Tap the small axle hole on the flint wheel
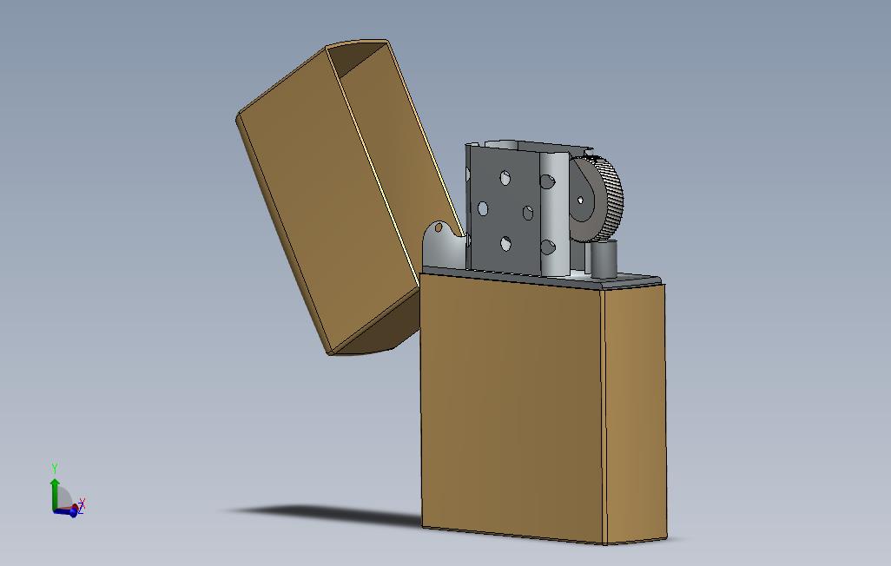click(x=581, y=201)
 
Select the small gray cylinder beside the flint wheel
click(x=603, y=260)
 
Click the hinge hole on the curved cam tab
click(x=439, y=228)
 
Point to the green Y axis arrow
click(x=55, y=490)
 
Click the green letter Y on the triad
click(x=55, y=468)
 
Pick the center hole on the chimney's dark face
click(x=527, y=213)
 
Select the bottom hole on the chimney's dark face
click(x=506, y=244)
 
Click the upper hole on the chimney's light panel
click(x=548, y=182)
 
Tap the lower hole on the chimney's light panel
click(x=547, y=248)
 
